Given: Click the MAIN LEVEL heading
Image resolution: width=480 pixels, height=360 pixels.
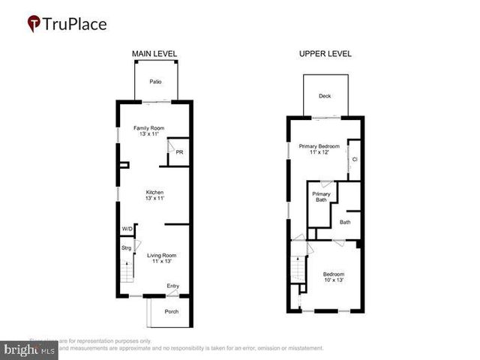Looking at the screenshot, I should [x=154, y=54].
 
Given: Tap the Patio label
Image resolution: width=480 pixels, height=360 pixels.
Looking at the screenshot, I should [x=155, y=81].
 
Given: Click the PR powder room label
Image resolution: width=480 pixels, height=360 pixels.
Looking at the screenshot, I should [x=179, y=152].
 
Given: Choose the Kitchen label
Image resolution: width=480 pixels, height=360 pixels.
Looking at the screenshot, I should [x=154, y=193].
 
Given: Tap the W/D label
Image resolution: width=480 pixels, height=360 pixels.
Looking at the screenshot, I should [x=127, y=229].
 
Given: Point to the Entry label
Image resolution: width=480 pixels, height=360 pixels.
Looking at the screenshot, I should [x=173, y=286].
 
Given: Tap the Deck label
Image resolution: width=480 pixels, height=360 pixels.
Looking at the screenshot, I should [x=325, y=96].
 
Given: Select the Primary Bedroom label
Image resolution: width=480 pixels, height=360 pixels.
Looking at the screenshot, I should [x=319, y=145].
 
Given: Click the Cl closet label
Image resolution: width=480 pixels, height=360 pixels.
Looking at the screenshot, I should [x=354, y=159].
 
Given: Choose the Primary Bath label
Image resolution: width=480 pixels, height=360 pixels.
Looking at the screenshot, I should [x=320, y=196].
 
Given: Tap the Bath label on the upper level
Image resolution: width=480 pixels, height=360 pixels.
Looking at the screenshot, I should [x=345, y=222].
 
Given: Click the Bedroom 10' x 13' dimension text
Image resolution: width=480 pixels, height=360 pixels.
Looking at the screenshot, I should [x=333, y=280].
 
